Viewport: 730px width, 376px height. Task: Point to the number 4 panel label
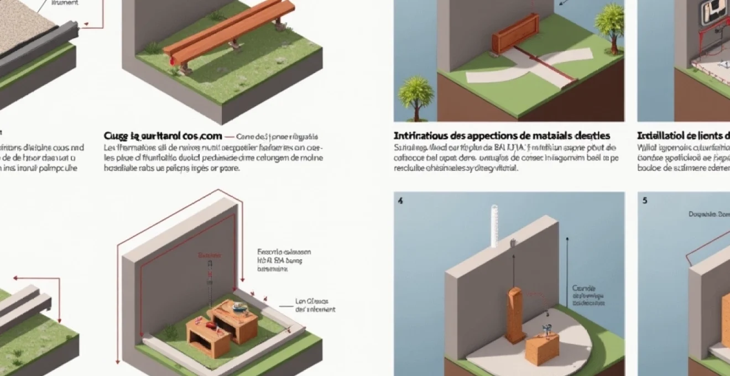[x=400, y=201]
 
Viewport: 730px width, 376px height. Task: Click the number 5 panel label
[x=645, y=201]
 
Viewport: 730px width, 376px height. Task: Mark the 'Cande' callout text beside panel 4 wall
[x=583, y=288]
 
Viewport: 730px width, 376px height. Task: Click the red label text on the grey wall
[x=209, y=256]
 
